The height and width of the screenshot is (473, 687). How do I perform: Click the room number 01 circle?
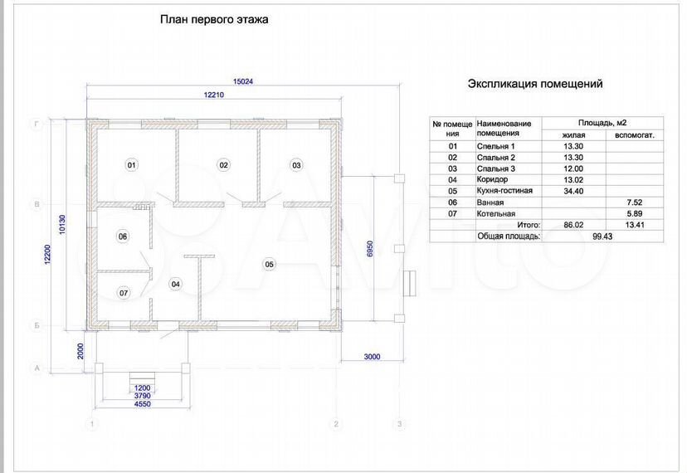[131, 165]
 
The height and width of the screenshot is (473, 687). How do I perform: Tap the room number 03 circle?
[296, 165]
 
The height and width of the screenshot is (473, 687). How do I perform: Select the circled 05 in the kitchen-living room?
[269, 264]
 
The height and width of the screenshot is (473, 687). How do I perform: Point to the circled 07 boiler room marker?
[124, 293]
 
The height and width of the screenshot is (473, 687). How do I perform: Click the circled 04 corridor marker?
[175, 284]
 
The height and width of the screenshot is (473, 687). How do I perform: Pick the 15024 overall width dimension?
[243, 81]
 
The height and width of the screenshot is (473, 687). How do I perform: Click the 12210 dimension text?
[214, 95]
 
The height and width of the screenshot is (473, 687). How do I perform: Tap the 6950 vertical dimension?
[370, 249]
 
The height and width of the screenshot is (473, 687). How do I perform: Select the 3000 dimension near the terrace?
[372, 357]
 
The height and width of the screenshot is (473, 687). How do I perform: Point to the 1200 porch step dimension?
[142, 388]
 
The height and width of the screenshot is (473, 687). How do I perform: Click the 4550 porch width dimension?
[142, 404]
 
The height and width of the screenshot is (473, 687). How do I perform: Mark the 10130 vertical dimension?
[62, 224]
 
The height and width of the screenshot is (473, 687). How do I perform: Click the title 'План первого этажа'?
[214, 20]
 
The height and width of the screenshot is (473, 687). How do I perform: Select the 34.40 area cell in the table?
[573, 191]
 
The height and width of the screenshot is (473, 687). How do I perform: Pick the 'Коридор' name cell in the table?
[492, 180]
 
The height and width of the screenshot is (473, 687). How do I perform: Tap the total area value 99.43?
[602, 236]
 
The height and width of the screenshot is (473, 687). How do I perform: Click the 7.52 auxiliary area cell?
[634, 202]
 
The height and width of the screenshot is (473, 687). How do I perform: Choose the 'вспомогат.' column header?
[634, 135]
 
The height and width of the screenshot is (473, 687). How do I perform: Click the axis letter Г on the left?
[37, 124]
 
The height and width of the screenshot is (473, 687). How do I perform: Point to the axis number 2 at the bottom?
[336, 424]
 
